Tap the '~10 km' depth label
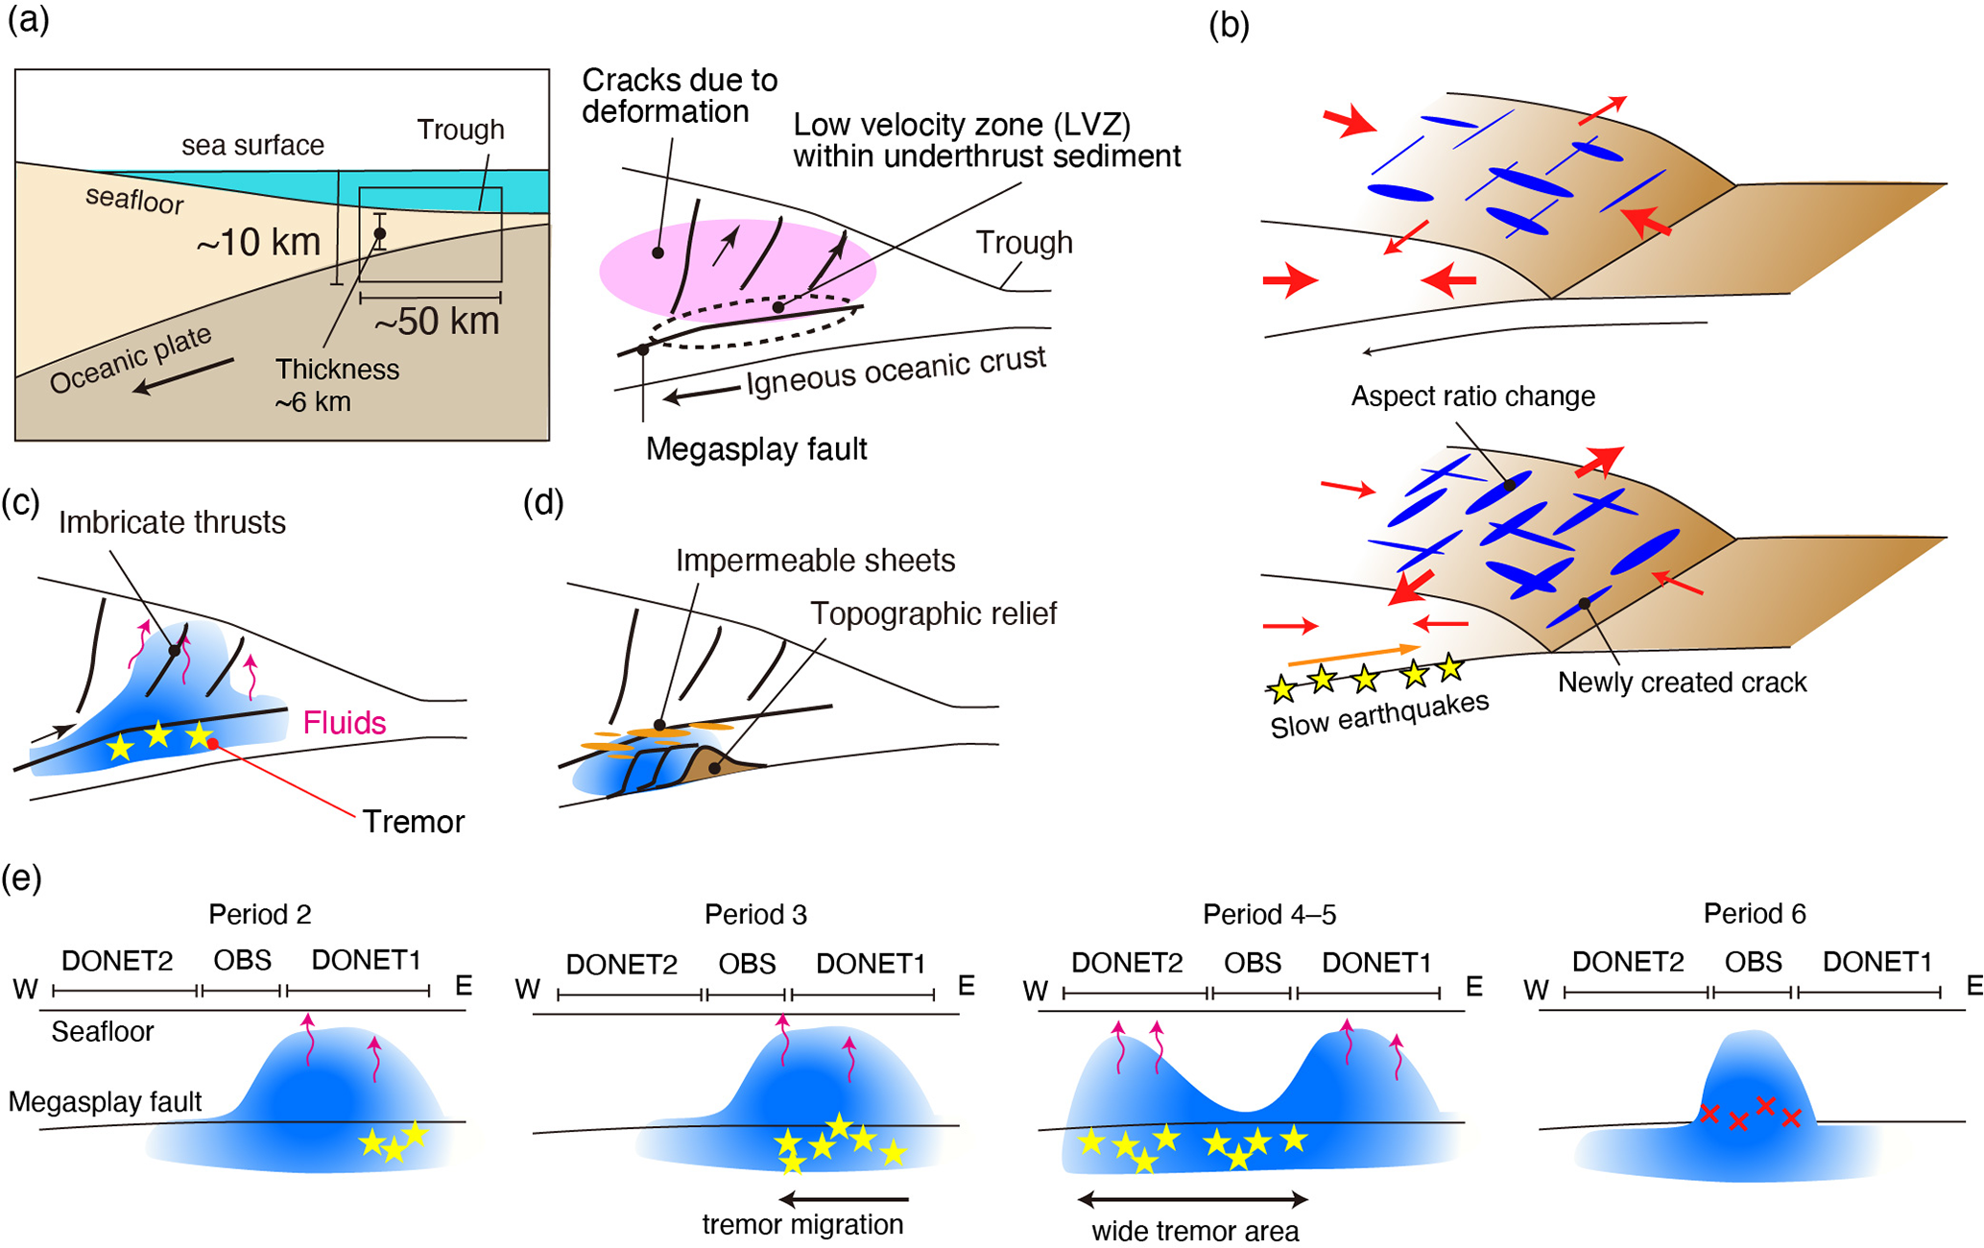tap(258, 243)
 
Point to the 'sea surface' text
tap(253, 145)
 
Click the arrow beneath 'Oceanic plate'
tap(182, 375)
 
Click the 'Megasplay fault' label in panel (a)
tap(756, 448)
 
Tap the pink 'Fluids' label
tap(345, 722)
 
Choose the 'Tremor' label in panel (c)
tap(413, 822)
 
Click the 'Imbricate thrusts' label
tap(172, 522)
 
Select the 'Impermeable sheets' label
tap(815, 561)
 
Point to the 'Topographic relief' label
tap(933, 613)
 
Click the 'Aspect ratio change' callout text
tap(1472, 396)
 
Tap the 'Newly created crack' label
tap(1682, 683)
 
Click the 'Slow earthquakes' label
tap(1379, 714)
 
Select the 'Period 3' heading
tap(755, 914)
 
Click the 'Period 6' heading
tap(1755, 913)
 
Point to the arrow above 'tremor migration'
tap(844, 1198)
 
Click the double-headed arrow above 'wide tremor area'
tap(1192, 1199)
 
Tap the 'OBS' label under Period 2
tap(242, 960)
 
